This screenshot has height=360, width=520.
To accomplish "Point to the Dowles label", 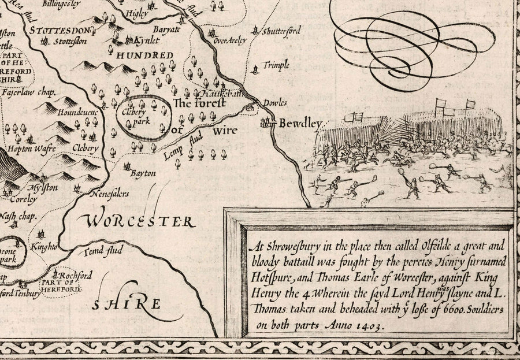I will pyautogui.click(x=275, y=103).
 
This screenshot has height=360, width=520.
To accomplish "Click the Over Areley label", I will pyautogui.click(x=230, y=40).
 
